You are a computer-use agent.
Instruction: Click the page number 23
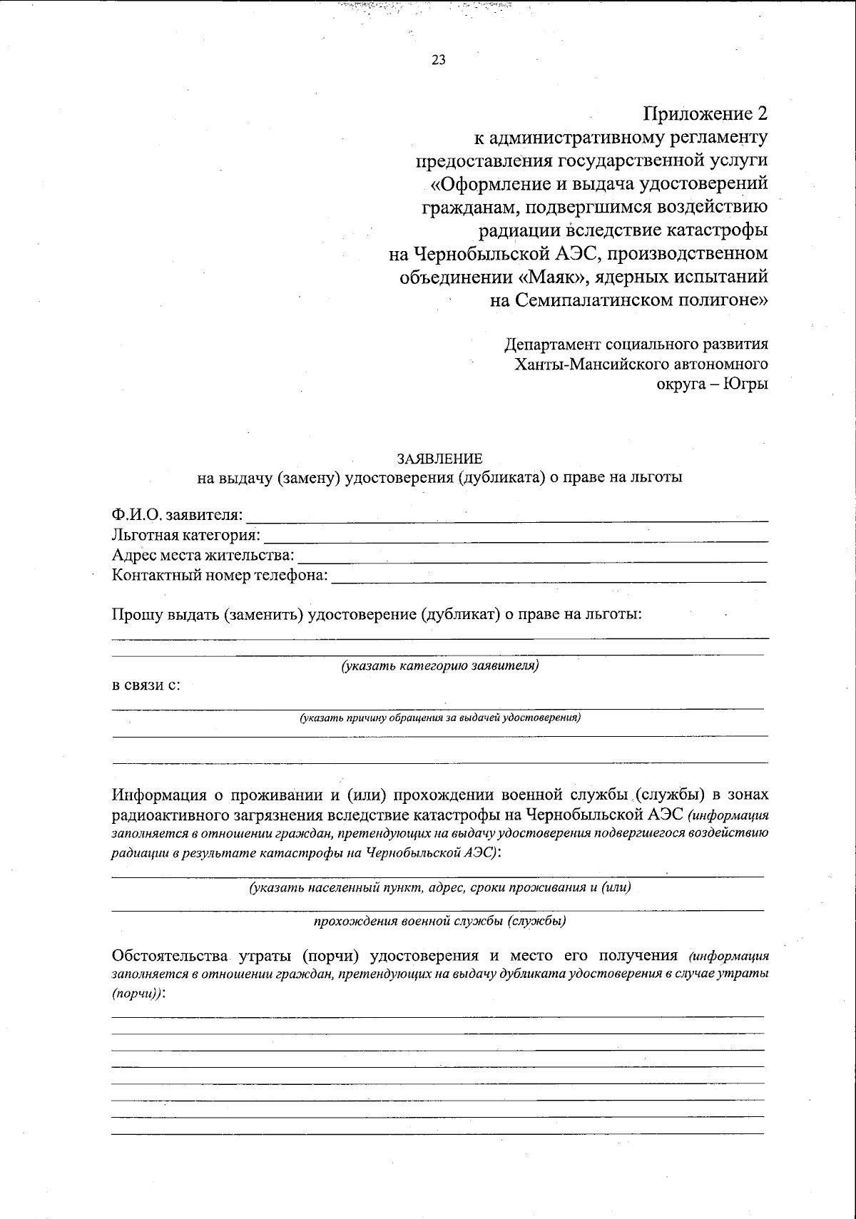tap(439, 60)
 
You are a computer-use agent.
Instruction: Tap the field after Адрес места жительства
tap(531, 556)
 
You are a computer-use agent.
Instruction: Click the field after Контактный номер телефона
tap(549, 576)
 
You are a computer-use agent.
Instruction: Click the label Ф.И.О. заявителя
tap(177, 514)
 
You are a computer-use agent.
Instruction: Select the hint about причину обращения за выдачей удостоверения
tap(440, 718)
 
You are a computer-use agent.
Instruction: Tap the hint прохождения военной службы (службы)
tap(440, 921)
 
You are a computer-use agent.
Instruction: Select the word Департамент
tap(552, 345)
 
